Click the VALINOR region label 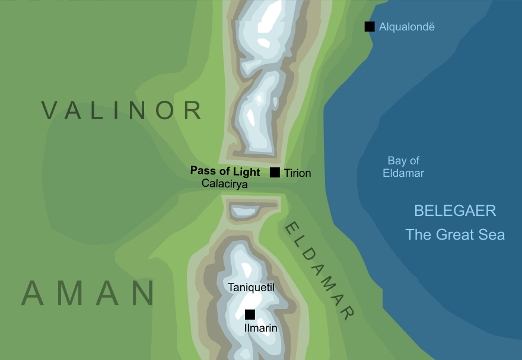pos(122,110)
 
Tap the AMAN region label pos(88,294)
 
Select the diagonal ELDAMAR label pos(320,269)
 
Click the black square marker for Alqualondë pos(370,27)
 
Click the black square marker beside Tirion pos(275,173)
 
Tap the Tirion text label pos(297,173)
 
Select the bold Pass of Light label pos(225,171)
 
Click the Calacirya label pos(224,184)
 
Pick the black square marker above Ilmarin pos(250,314)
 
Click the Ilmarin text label pos(261,327)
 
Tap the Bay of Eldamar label pos(403,167)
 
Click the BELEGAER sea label pos(455,211)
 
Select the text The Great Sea pos(455,235)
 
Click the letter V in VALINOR pos(52,110)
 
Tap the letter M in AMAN pos(88,294)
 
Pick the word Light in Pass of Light pos(246,171)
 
